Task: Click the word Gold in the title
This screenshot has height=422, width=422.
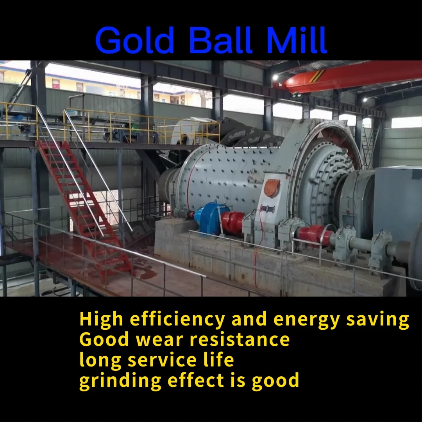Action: click(x=134, y=40)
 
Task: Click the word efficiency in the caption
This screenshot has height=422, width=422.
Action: click(x=177, y=320)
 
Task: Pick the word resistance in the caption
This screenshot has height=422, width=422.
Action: click(x=240, y=340)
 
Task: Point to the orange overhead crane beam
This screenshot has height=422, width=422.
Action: click(x=352, y=76)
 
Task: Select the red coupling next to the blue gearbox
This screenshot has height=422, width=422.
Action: click(x=233, y=223)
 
